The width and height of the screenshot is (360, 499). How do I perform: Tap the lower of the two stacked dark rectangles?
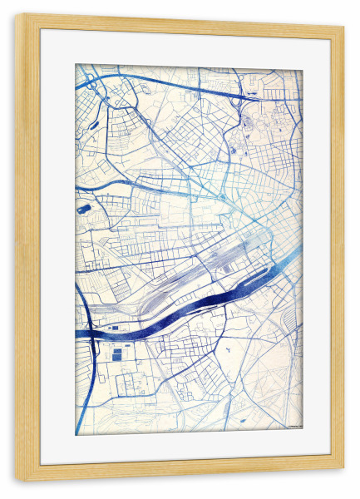coord(117,356)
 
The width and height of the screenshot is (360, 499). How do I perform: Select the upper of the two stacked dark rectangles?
coord(117,346)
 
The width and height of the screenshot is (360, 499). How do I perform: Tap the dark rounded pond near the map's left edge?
coord(82,209)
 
